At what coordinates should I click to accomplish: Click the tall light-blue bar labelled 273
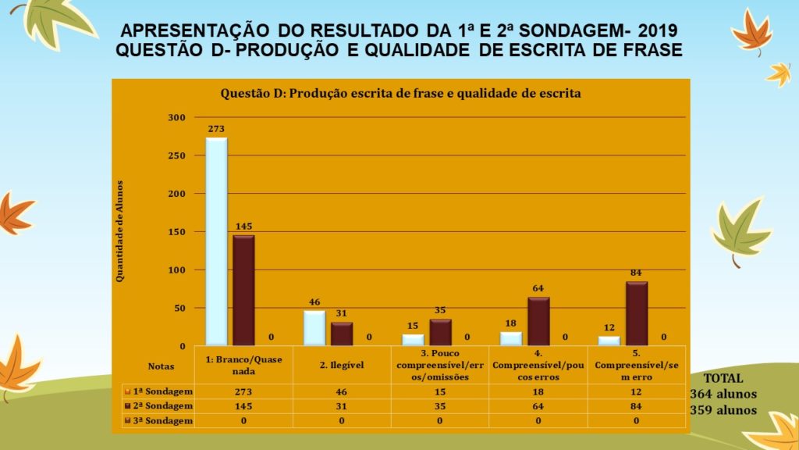(216, 241)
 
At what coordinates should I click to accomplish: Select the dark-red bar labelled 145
(243, 290)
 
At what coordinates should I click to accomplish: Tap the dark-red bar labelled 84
(637, 313)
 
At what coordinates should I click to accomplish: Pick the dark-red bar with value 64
(538, 321)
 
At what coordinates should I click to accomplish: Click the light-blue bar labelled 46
(314, 328)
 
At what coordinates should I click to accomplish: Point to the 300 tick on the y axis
(176, 117)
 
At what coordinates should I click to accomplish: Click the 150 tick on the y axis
(176, 232)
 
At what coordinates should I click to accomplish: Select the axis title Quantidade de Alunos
(119, 232)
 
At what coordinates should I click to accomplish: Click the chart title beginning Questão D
(400, 94)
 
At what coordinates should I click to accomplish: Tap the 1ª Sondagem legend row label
(162, 391)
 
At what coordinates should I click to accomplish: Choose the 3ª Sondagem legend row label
(162, 420)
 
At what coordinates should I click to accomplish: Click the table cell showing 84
(637, 406)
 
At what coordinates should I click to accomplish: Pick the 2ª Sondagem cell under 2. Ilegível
(342, 406)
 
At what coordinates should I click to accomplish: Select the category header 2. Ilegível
(342, 364)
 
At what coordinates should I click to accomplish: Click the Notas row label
(162, 365)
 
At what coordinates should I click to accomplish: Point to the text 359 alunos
(723, 409)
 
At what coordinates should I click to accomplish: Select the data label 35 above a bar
(440, 310)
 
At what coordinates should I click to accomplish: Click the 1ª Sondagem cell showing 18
(538, 391)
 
